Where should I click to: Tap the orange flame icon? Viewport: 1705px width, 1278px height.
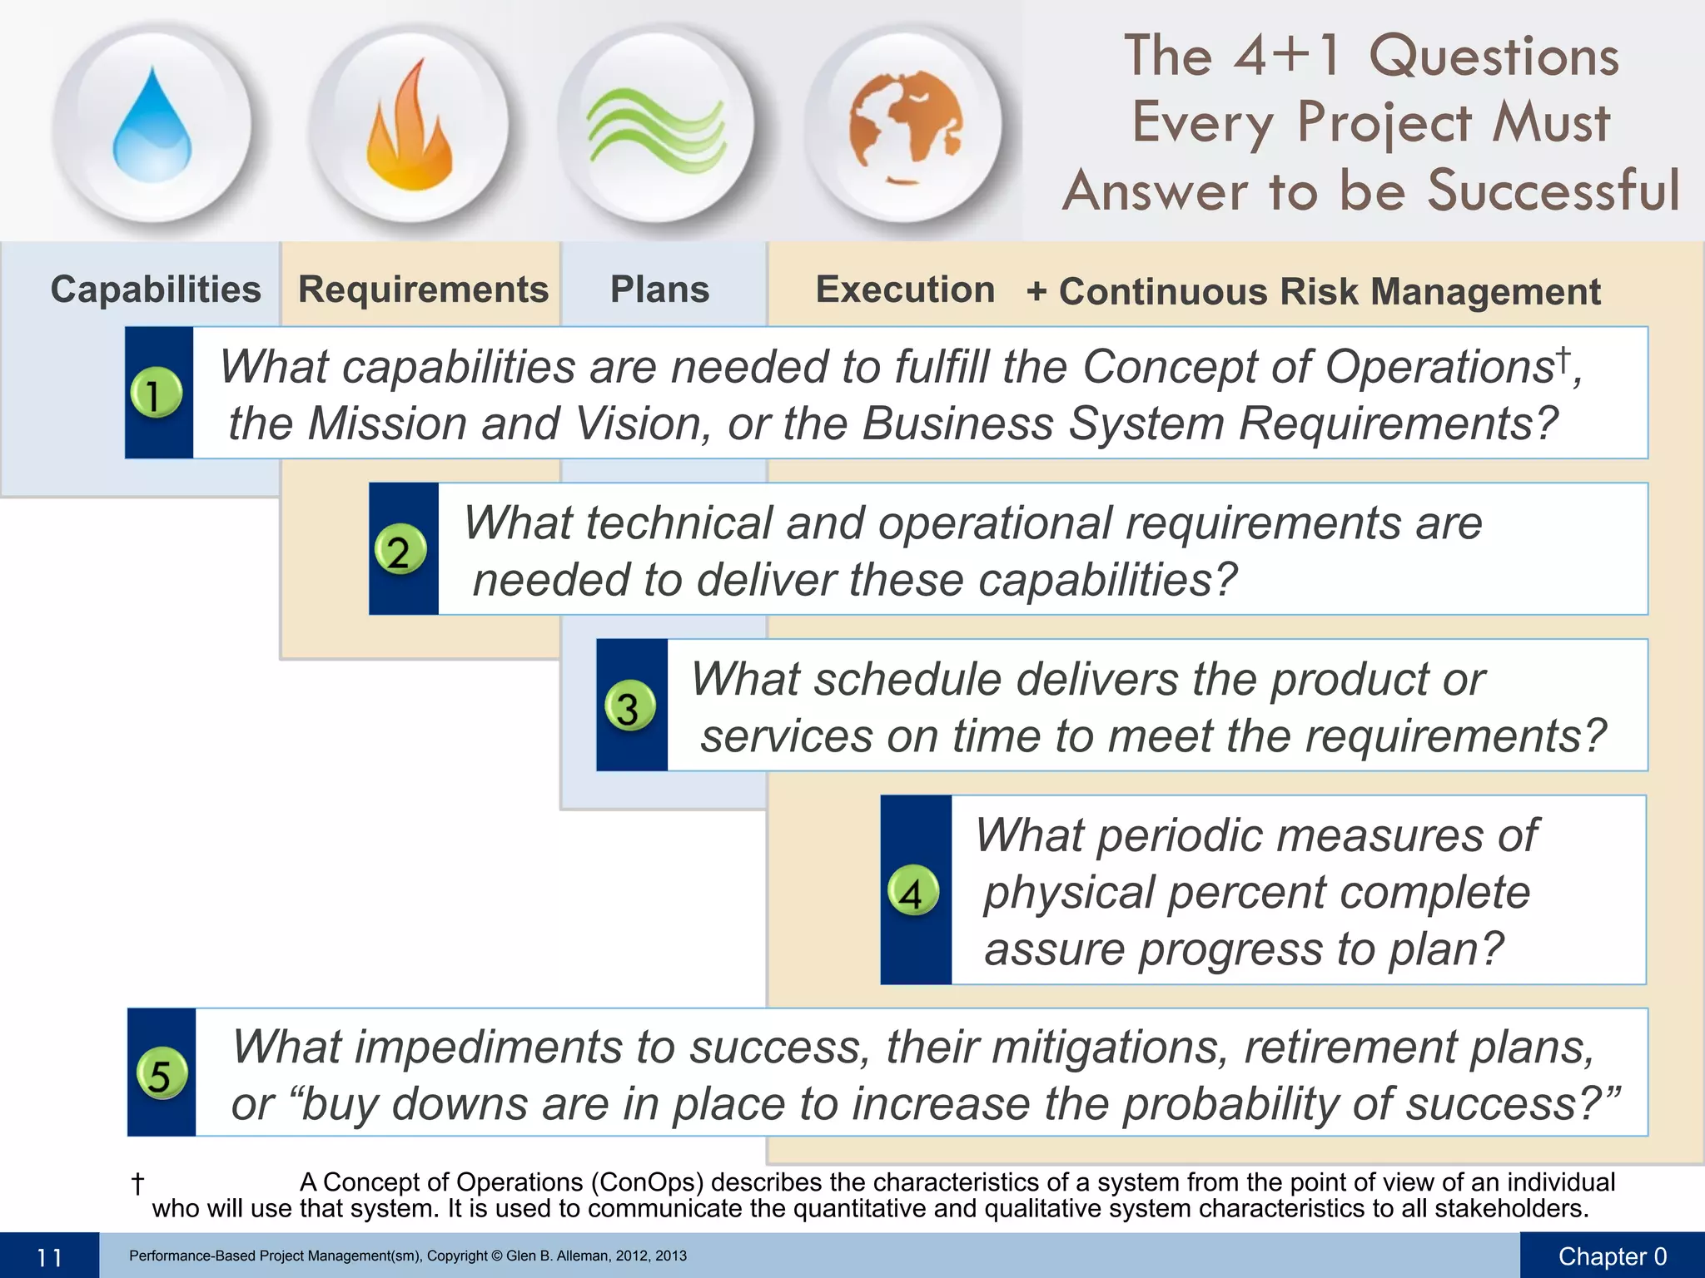tap(409, 126)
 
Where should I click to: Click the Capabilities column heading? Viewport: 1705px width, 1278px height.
tap(156, 290)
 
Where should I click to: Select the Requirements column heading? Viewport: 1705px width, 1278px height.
tap(423, 290)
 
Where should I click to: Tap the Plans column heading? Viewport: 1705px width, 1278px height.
tap(659, 290)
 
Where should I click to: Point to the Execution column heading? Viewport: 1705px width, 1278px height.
tap(905, 290)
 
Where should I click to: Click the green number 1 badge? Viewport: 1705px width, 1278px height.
tap(156, 393)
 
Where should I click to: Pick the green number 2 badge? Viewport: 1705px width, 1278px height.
tap(400, 550)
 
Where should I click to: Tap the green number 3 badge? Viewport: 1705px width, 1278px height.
tap(629, 706)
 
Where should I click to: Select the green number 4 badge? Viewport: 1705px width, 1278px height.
tap(913, 891)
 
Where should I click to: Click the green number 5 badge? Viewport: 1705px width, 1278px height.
tap(161, 1073)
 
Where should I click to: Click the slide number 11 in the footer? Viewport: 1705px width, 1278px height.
tap(50, 1257)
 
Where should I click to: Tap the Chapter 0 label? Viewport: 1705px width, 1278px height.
tap(1612, 1256)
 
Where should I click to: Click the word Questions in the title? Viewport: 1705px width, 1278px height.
tap(1494, 57)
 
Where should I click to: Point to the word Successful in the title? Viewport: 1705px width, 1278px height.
tap(1553, 190)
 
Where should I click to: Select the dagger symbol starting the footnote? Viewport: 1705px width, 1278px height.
tap(138, 1183)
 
